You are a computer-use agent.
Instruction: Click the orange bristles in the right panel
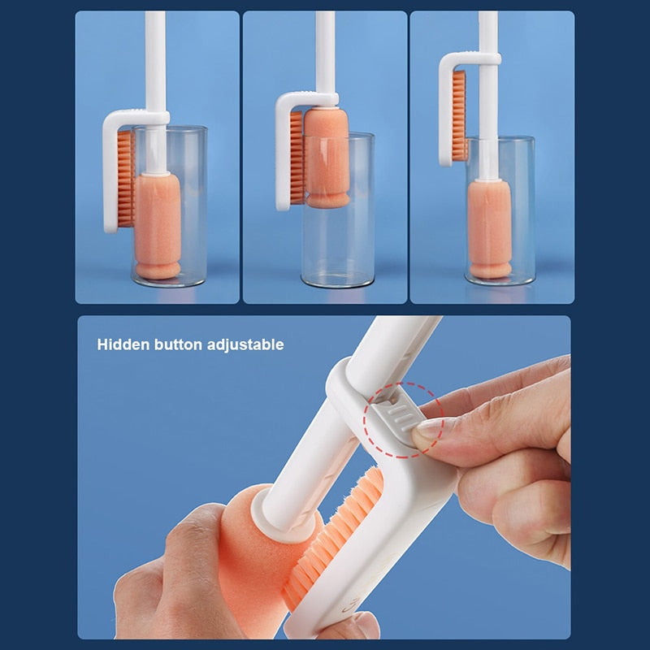459,114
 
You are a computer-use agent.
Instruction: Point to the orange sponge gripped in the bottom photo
244,561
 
